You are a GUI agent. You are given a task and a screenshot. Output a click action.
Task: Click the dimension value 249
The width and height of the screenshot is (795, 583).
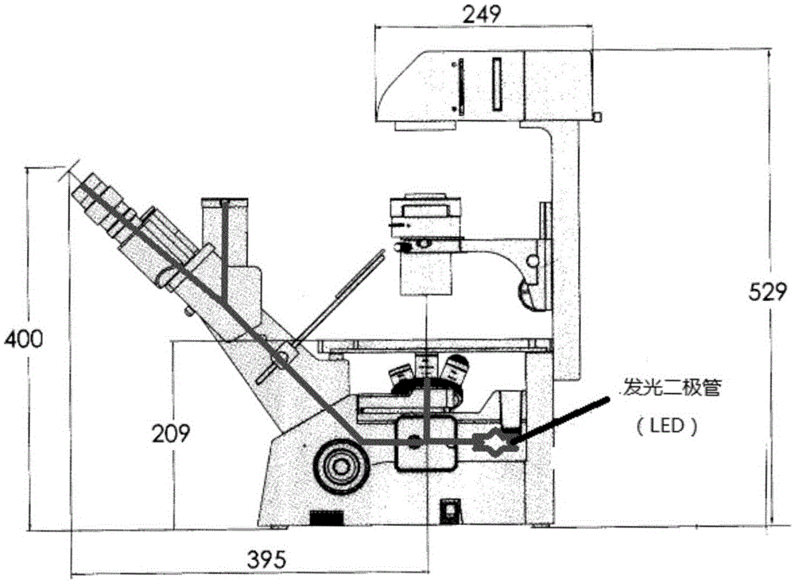pyautogui.click(x=481, y=14)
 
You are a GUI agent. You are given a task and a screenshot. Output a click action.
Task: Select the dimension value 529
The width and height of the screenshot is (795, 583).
pyautogui.click(x=768, y=292)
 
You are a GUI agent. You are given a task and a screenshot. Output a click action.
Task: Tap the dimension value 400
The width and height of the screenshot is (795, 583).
pyautogui.click(x=23, y=338)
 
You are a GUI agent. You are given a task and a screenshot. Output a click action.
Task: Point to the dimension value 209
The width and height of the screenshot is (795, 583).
pyautogui.click(x=172, y=433)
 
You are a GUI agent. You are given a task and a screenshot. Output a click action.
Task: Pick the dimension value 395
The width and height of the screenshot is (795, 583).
pyautogui.click(x=266, y=559)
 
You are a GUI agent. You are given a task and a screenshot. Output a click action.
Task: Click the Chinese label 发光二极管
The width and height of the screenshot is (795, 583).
pyautogui.click(x=672, y=388)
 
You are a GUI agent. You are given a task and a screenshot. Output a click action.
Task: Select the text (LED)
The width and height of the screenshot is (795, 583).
pyautogui.click(x=667, y=426)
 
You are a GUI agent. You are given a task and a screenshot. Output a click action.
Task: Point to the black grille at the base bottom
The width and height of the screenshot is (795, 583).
pyautogui.click(x=327, y=518)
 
